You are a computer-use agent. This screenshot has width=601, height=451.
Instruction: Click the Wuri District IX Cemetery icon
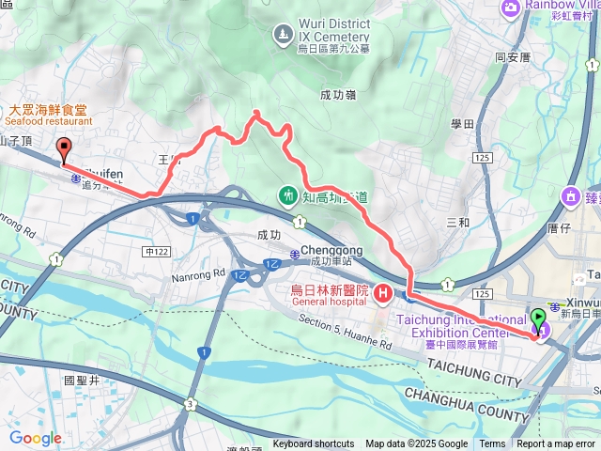(282, 36)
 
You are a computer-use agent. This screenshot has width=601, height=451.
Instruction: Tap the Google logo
(36, 438)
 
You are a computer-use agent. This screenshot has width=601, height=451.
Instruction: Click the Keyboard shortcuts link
(314, 444)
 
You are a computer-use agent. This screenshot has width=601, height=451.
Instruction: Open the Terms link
(492, 444)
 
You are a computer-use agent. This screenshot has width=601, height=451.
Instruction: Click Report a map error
(556, 444)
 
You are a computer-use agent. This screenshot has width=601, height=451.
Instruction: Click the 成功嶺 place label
(337, 95)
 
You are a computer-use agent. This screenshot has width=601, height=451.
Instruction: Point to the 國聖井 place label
(81, 381)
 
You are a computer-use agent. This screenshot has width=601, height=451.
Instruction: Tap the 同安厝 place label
(514, 57)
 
